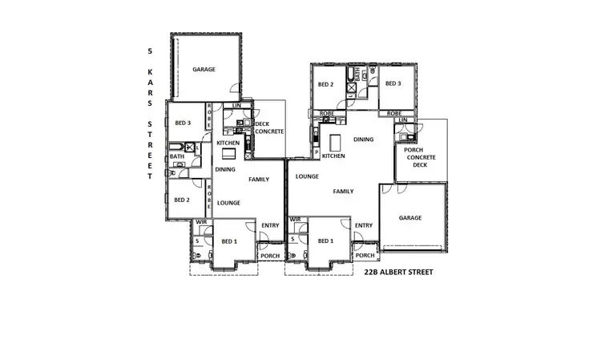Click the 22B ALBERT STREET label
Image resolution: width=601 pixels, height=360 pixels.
click(398, 273)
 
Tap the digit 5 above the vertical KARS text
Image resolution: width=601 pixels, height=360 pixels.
click(149, 51)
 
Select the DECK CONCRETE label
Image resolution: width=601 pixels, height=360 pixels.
click(268, 127)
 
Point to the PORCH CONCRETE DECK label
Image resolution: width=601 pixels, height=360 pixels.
click(421, 157)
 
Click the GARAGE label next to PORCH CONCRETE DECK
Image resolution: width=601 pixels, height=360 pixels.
click(410, 217)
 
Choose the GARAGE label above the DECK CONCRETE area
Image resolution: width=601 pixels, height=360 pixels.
click(204, 70)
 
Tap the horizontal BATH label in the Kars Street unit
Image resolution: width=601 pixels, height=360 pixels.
click(176, 157)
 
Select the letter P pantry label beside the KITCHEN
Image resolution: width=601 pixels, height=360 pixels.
click(317, 152)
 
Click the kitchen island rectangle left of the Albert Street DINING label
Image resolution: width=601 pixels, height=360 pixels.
click(334, 142)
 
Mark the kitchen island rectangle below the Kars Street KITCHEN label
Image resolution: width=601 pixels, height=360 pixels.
click(230, 153)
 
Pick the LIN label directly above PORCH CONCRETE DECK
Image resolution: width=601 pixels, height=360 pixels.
click(403, 119)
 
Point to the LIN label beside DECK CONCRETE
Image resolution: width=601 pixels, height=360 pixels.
click(236, 106)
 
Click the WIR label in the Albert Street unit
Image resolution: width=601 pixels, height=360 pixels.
click(295, 219)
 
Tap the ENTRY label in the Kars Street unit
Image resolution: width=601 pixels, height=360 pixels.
click(270, 225)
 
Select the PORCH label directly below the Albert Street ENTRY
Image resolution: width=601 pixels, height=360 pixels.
click(365, 256)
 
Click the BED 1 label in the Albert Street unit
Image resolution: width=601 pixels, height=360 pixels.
click(325, 241)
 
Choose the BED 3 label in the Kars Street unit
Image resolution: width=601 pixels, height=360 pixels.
click(183, 123)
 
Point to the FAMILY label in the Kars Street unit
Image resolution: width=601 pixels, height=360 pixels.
click(259, 179)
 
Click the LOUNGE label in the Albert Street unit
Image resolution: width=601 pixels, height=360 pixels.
click(307, 176)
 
